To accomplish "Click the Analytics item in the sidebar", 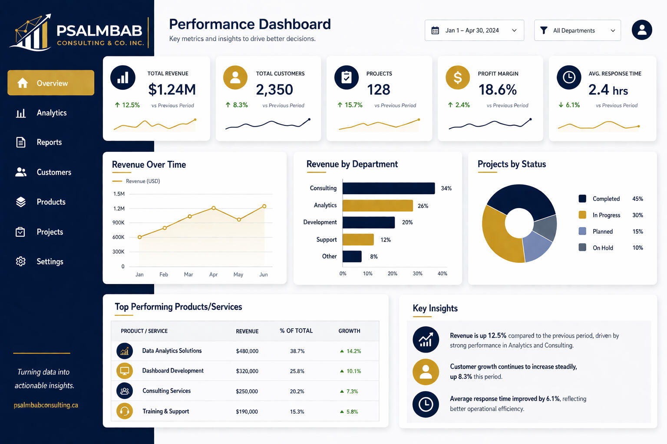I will pos(51,113).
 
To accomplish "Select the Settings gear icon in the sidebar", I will pos(21,261).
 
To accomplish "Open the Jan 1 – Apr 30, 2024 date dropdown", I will pos(474,30).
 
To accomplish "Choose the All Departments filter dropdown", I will pos(577,30).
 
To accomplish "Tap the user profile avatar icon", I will pos(642,30).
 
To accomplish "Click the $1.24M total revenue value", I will pos(172,89).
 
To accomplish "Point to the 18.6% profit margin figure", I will pos(498,89).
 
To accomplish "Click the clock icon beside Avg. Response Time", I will pos(569,78).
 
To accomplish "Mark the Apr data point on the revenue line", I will pos(214,208).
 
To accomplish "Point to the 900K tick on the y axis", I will pos(119,222).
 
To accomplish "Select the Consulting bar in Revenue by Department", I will pos(388,188).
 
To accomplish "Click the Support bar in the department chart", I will pos(358,239).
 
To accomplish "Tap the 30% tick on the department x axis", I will pos(417,274).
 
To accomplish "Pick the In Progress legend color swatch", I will pos(582,215).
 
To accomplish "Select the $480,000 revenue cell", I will pos(247,351).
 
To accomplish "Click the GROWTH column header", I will pos(349,331).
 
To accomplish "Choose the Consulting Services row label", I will pos(166,391).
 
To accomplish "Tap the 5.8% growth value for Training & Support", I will pos(352,411).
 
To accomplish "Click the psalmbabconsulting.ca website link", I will pos(46,405).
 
